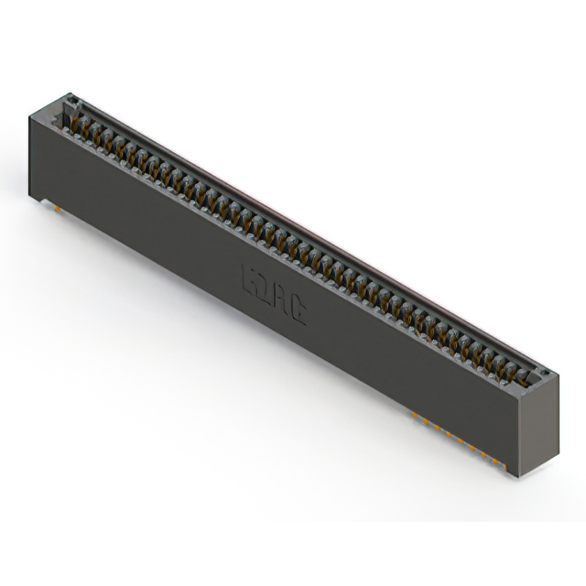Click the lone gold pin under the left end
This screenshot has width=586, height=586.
60,207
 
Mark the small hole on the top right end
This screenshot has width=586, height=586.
543,374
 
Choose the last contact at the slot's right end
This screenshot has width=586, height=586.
525,374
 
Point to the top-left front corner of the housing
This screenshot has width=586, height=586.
30,111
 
